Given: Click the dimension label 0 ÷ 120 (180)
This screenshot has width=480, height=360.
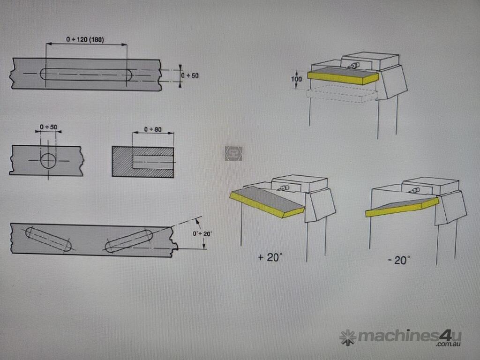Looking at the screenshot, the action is (x=85, y=39).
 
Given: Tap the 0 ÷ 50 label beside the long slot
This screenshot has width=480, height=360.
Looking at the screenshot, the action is (x=190, y=75).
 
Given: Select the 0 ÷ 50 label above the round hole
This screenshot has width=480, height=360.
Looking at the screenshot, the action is (x=48, y=127).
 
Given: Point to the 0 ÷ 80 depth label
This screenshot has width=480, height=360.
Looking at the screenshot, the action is (x=153, y=129).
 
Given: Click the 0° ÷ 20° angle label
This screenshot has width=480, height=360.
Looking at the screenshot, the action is (x=202, y=234).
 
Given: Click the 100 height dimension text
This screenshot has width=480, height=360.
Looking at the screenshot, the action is (x=296, y=79).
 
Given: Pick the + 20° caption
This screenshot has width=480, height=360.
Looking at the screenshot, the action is (x=270, y=257).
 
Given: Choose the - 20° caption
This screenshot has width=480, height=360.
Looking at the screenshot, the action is (x=399, y=260).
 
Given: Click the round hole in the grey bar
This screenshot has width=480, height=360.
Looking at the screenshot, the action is (x=48, y=160).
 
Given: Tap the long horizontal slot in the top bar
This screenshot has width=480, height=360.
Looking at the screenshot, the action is (x=86, y=75).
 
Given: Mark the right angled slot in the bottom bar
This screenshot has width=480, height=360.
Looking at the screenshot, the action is (x=128, y=241).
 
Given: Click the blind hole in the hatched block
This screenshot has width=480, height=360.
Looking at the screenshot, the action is (x=153, y=162).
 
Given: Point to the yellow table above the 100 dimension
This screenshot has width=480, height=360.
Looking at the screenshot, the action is (x=343, y=76).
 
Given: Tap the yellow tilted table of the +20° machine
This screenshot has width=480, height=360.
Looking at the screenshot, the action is (x=267, y=202).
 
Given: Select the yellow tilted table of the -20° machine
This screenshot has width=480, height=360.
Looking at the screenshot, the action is (x=402, y=207).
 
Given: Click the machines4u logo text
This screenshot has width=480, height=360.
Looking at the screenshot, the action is (x=409, y=336).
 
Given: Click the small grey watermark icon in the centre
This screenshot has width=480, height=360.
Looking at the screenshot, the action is (x=233, y=153).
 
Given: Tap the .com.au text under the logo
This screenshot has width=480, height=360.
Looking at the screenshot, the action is (x=449, y=345).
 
